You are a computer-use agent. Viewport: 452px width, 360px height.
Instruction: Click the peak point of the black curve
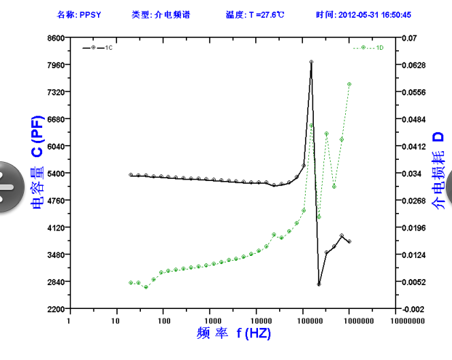pyautogui.click(x=311, y=62)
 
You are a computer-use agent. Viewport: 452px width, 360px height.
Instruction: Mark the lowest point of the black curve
pyautogui.click(x=319, y=284)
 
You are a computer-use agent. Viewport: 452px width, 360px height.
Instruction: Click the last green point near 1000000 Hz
pyautogui.click(x=349, y=84)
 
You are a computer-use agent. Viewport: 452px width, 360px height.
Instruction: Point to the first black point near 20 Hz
pyautogui.click(x=131, y=175)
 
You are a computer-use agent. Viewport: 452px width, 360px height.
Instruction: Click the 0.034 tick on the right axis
pyautogui.click(x=410, y=174)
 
